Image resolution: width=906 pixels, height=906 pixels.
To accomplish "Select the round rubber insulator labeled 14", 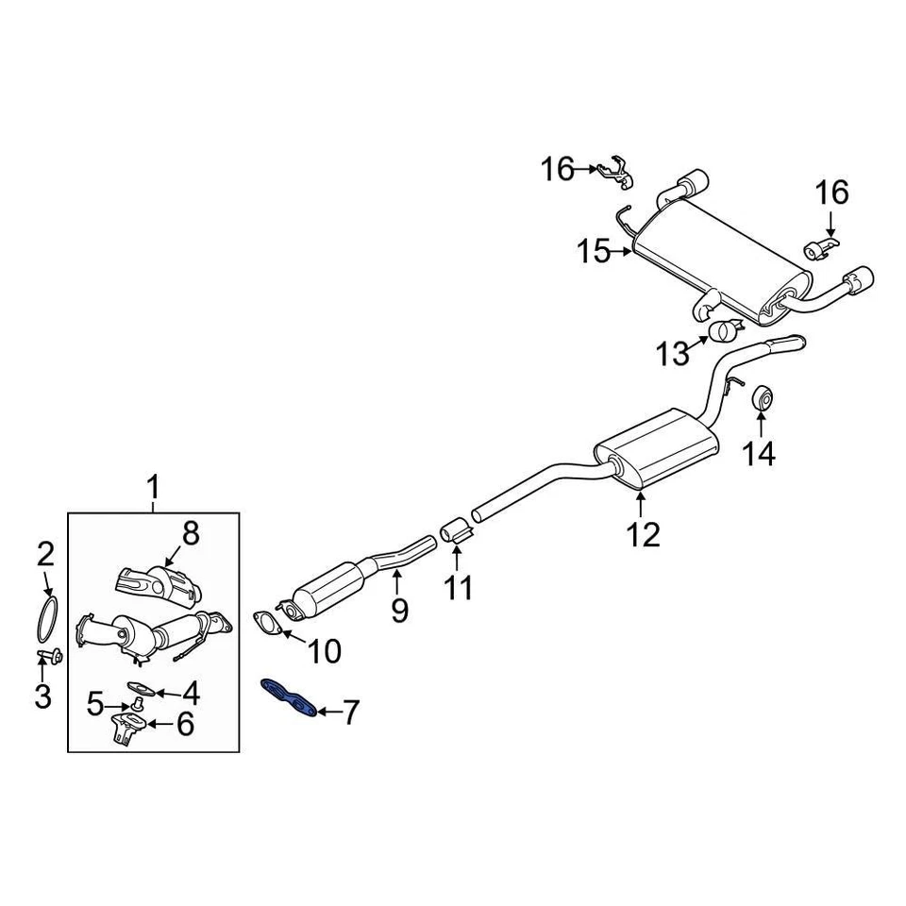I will pyautogui.click(x=763, y=400).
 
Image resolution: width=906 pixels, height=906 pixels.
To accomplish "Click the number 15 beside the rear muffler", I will pyautogui.click(x=596, y=251).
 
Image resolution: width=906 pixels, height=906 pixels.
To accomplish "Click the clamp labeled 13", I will pyautogui.click(x=725, y=331).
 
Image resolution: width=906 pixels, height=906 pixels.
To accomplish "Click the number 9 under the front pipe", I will pyautogui.click(x=399, y=610).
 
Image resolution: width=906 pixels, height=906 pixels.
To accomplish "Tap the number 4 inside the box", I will pyautogui.click(x=191, y=695).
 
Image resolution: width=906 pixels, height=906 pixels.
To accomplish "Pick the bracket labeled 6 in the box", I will pyautogui.click(x=126, y=728).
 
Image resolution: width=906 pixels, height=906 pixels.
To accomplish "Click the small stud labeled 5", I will pyautogui.click(x=138, y=703).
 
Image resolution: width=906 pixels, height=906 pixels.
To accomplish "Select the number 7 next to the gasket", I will pyautogui.click(x=350, y=713).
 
